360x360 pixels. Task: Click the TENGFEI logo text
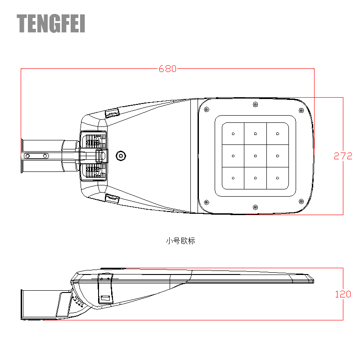(51, 23)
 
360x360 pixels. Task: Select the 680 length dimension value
(167, 69)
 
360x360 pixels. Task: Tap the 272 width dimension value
(343, 156)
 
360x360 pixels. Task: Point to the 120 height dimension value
(343, 294)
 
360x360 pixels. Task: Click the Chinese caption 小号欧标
(180, 241)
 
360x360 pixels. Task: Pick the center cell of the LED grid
(255, 156)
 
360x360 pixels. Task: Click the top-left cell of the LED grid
(233, 134)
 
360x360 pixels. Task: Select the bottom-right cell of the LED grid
(278, 178)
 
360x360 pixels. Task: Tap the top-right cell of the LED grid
(278, 134)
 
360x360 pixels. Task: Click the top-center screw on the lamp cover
(255, 104)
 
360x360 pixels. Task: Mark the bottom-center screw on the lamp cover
(255, 207)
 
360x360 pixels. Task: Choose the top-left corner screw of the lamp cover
(207, 109)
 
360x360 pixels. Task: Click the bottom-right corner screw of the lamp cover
(301, 202)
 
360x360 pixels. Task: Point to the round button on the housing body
(121, 156)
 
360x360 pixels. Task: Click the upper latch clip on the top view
(112, 113)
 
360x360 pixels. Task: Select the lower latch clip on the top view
(112, 198)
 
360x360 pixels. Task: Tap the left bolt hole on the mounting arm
(27, 156)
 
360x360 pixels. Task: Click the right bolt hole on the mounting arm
(45, 156)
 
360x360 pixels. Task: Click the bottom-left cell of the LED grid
(233, 178)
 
